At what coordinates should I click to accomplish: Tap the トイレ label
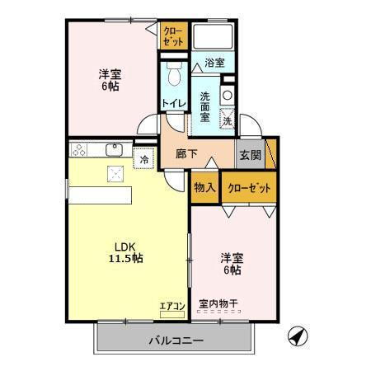coord(173,103)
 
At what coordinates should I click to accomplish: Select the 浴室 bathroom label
coord(215,61)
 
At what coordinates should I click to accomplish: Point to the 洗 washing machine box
coord(228,121)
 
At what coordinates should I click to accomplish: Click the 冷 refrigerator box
coord(145,158)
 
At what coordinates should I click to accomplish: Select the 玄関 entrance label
coord(250,154)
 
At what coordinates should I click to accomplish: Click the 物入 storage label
coord(204,187)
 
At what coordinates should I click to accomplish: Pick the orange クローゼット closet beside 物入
coord(249,187)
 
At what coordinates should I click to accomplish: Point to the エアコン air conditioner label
coord(172,307)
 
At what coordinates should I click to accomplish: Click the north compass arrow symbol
coord(298,336)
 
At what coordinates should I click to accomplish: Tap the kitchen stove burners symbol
coord(80,150)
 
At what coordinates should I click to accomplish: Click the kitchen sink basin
coord(115,149)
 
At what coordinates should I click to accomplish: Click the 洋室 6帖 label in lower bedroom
coord(231,263)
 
